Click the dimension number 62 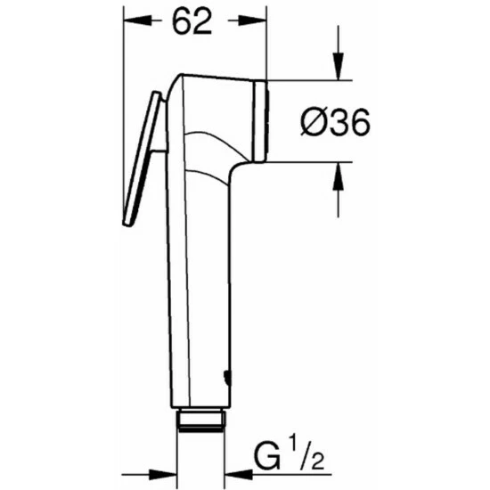pyautogui.click(x=192, y=21)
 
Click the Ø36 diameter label pyautogui.click(x=335, y=122)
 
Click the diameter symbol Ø pyautogui.click(x=313, y=122)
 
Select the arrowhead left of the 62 pyautogui.click(x=138, y=21)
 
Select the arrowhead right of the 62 pyautogui.click(x=252, y=21)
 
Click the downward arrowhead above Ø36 pyautogui.click(x=339, y=67)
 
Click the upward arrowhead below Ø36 pyautogui.click(x=339, y=176)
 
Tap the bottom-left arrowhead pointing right pyautogui.click(x=163, y=475)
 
